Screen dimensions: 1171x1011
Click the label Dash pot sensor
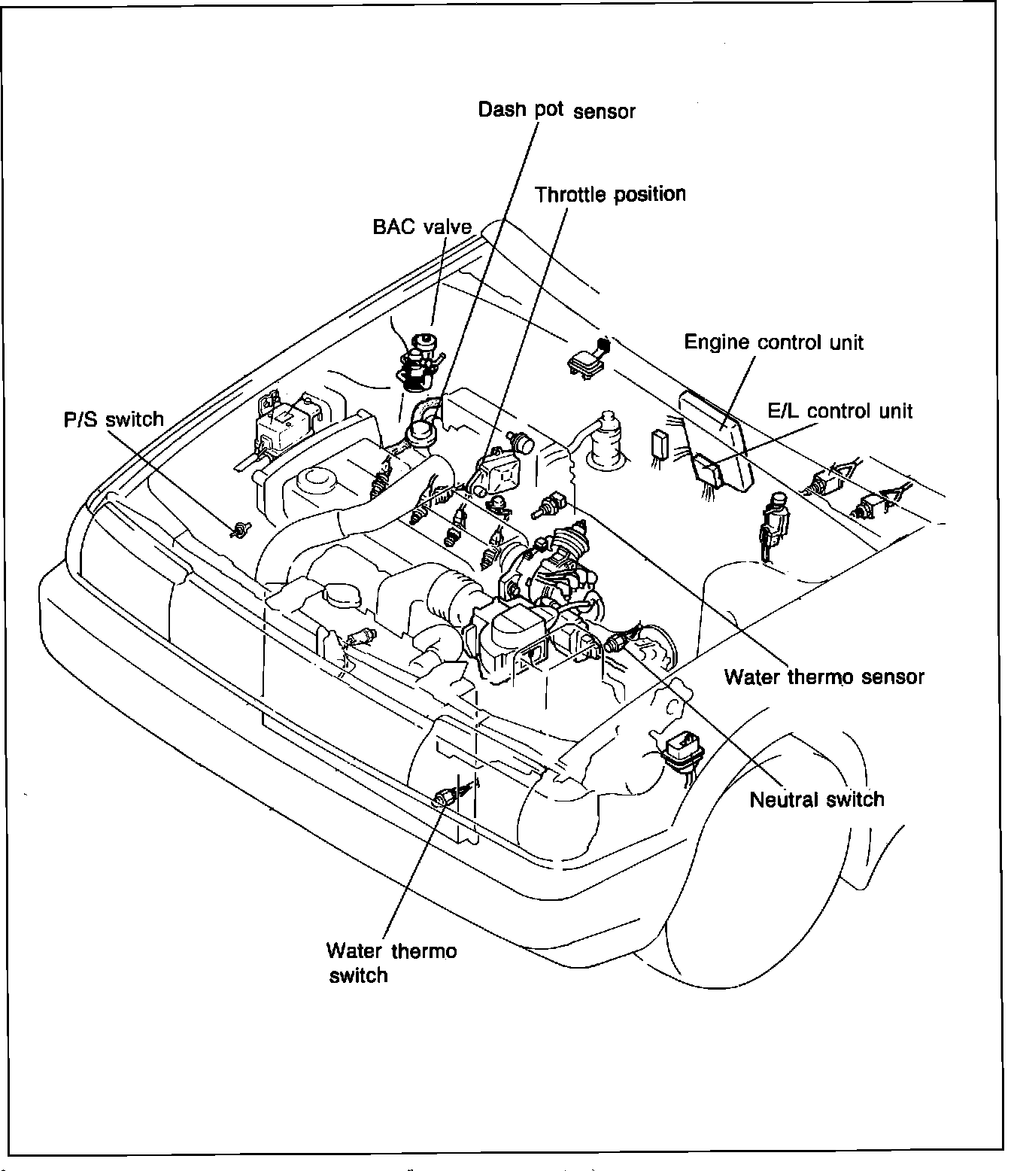[x=557, y=111]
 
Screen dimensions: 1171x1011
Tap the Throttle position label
[x=610, y=195]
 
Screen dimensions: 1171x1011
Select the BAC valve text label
[x=422, y=227]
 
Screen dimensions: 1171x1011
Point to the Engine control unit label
[x=773, y=342]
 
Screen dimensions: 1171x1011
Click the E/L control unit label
[x=839, y=411]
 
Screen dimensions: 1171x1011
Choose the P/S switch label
[x=114, y=419]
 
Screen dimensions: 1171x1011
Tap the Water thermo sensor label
[x=824, y=677]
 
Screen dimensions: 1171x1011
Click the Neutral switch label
[x=817, y=798]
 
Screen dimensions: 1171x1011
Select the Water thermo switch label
[x=390, y=963]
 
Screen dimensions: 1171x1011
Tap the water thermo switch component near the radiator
[x=445, y=797]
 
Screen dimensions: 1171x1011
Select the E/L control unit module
[x=711, y=470]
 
